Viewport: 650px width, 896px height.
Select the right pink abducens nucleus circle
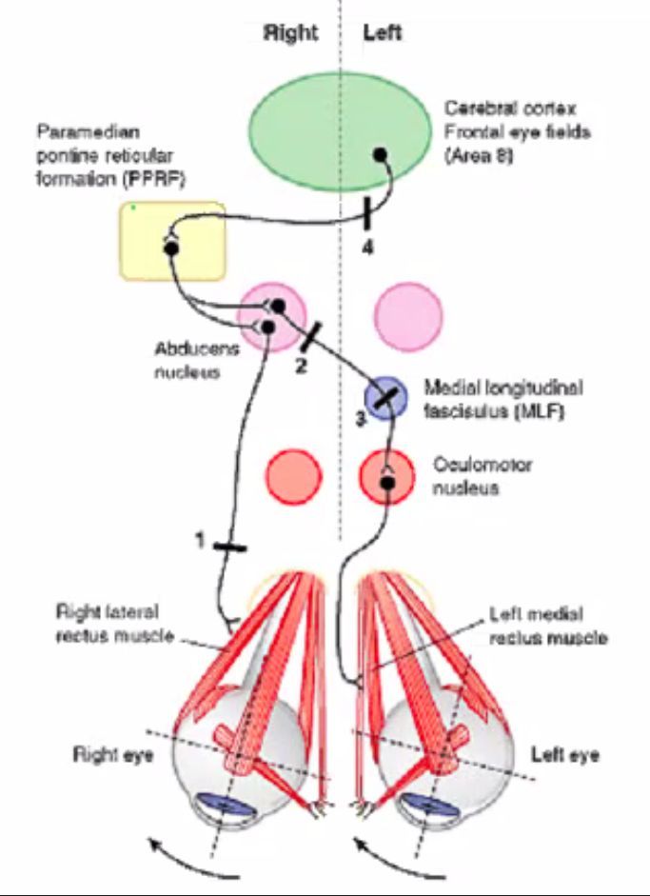click(272, 313)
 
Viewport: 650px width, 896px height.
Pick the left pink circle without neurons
click(408, 309)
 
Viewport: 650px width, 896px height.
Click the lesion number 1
click(201, 541)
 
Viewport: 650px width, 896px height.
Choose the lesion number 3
click(361, 416)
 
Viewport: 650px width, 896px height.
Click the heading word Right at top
click(290, 32)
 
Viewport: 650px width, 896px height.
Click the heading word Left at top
click(383, 32)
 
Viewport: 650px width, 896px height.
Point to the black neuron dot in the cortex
click(380, 153)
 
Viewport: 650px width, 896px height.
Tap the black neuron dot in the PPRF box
click(171, 249)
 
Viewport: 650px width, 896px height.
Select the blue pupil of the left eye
click(420, 806)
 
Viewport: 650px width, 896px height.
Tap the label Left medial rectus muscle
click(548, 626)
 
